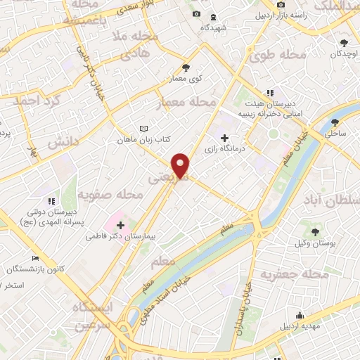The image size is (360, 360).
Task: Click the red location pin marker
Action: (x=181, y=165)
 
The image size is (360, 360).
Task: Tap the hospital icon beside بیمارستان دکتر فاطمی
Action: (x=121, y=226)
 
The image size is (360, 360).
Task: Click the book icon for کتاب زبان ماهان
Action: (x=144, y=129)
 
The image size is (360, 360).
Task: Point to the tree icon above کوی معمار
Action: (x=186, y=67)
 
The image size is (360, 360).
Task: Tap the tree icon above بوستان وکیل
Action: (x=314, y=231)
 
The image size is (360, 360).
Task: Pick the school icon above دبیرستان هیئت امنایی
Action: (x=269, y=92)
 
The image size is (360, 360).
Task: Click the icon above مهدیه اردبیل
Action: (x=300, y=315)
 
